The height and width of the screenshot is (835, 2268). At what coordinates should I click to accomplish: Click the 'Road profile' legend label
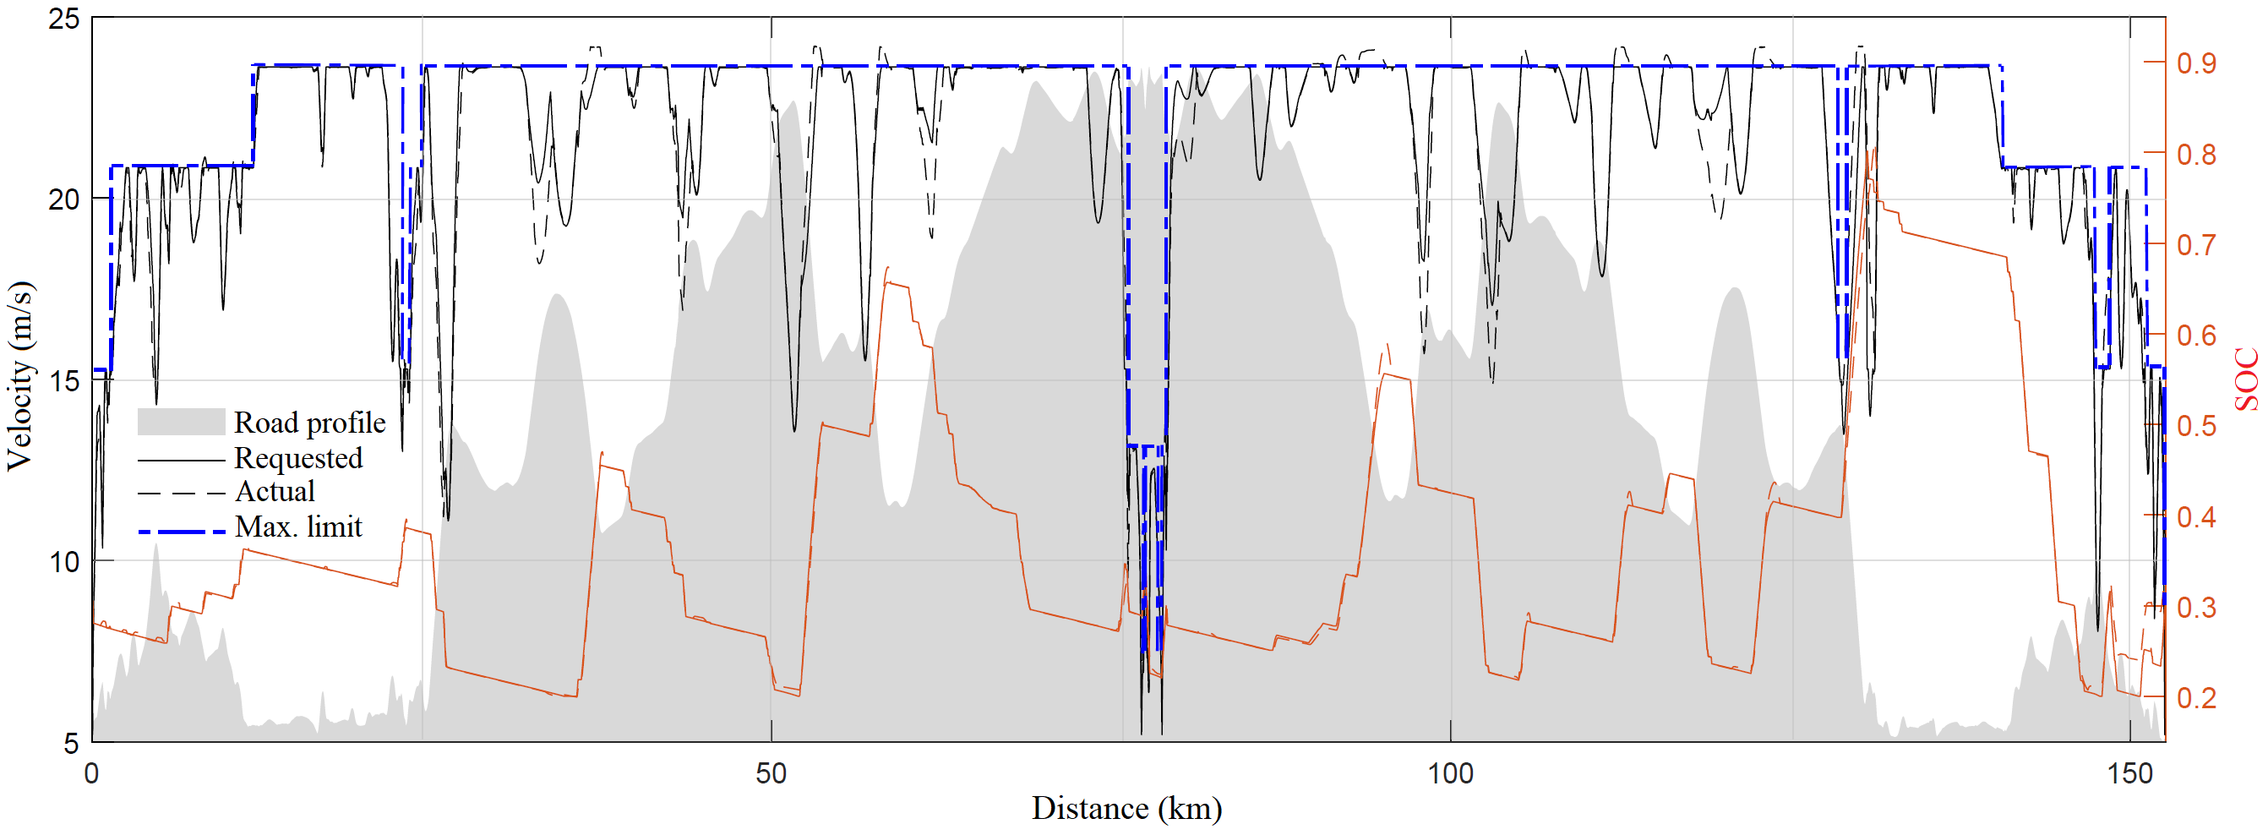click(309, 423)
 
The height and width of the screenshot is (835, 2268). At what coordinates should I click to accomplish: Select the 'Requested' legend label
click(297, 458)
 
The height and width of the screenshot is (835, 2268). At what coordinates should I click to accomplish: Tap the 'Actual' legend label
click(274, 492)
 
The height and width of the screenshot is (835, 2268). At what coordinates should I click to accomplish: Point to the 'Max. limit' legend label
click(297, 527)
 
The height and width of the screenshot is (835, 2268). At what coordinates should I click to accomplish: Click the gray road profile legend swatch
click(181, 422)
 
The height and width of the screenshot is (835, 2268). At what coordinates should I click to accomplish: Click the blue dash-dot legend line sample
click(181, 532)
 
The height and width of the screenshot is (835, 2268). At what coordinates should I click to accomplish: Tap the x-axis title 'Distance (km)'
click(1126, 808)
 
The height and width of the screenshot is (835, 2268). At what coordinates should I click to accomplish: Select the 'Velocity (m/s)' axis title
click(19, 376)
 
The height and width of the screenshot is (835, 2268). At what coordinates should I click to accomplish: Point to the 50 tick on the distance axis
click(771, 773)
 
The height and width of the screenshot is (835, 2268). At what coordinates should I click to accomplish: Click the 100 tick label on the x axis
click(1449, 773)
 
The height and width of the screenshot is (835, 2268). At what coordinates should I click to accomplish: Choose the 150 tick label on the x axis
click(2129, 773)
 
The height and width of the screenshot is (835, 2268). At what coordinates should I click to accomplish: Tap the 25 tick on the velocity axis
click(63, 19)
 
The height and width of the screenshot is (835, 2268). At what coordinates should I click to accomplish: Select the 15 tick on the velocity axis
click(63, 381)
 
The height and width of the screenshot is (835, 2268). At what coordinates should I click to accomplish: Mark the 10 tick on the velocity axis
click(63, 562)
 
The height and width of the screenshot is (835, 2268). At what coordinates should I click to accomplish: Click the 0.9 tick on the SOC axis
click(2196, 63)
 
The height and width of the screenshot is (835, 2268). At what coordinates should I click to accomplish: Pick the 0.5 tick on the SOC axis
click(2196, 426)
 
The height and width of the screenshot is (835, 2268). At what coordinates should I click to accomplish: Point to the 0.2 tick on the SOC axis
click(2196, 697)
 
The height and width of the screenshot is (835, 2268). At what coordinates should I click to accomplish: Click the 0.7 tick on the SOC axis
click(2196, 245)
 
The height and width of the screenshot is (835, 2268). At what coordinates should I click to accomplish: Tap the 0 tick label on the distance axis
click(91, 773)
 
